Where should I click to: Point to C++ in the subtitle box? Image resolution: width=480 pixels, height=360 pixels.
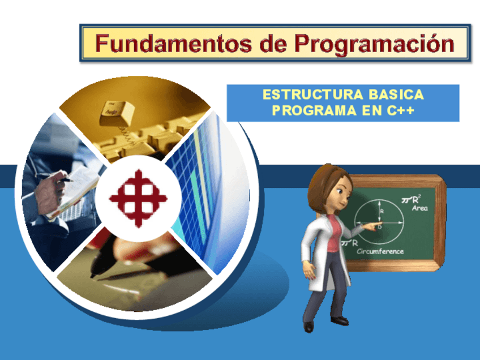click(402, 111)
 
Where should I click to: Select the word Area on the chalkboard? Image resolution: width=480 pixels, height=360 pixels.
click(419, 208)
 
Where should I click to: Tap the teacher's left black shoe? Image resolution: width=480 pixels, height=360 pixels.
click(308, 327)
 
